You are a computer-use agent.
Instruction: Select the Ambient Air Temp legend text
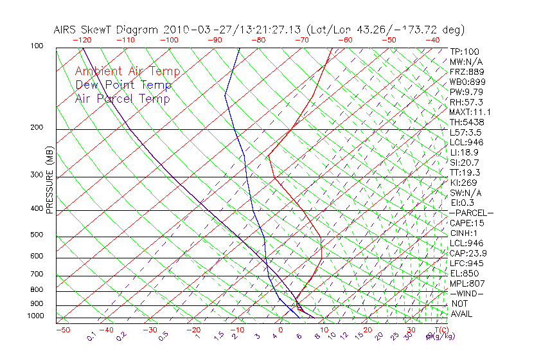[x=127, y=71]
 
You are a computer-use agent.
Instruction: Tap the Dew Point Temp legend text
[x=123, y=85]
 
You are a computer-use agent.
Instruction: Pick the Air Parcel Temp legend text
[x=122, y=98]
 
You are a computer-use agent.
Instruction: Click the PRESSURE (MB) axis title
[x=49, y=180]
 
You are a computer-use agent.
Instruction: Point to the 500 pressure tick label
[x=37, y=235]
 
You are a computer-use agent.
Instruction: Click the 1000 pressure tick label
[x=35, y=316]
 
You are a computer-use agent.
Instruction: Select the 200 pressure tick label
[x=37, y=127]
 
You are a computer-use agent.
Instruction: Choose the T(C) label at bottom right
[x=440, y=330]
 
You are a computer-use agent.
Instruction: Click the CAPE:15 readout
[x=466, y=223]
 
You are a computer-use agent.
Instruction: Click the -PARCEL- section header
[x=470, y=213]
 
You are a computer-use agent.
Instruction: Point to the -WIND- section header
[x=466, y=293]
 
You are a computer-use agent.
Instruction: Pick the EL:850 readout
[x=464, y=273]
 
